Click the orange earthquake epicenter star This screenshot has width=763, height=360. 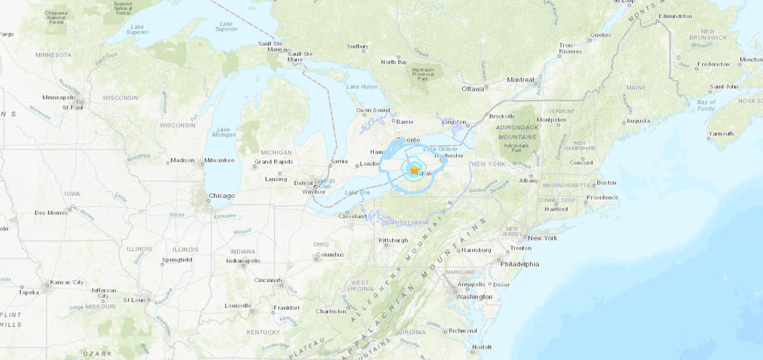414,170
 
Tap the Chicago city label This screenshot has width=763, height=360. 222,196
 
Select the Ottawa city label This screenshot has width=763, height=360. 473,88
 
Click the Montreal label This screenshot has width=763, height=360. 521,80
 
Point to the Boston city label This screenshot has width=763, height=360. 607,183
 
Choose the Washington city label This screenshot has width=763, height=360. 474,296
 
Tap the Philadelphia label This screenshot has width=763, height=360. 519,263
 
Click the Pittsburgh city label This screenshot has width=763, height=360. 393,240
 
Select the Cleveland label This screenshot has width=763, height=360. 353,216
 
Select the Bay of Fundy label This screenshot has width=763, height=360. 706,106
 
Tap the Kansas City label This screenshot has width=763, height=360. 68,282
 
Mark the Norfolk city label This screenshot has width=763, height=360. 482,347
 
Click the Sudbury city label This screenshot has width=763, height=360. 357,46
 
